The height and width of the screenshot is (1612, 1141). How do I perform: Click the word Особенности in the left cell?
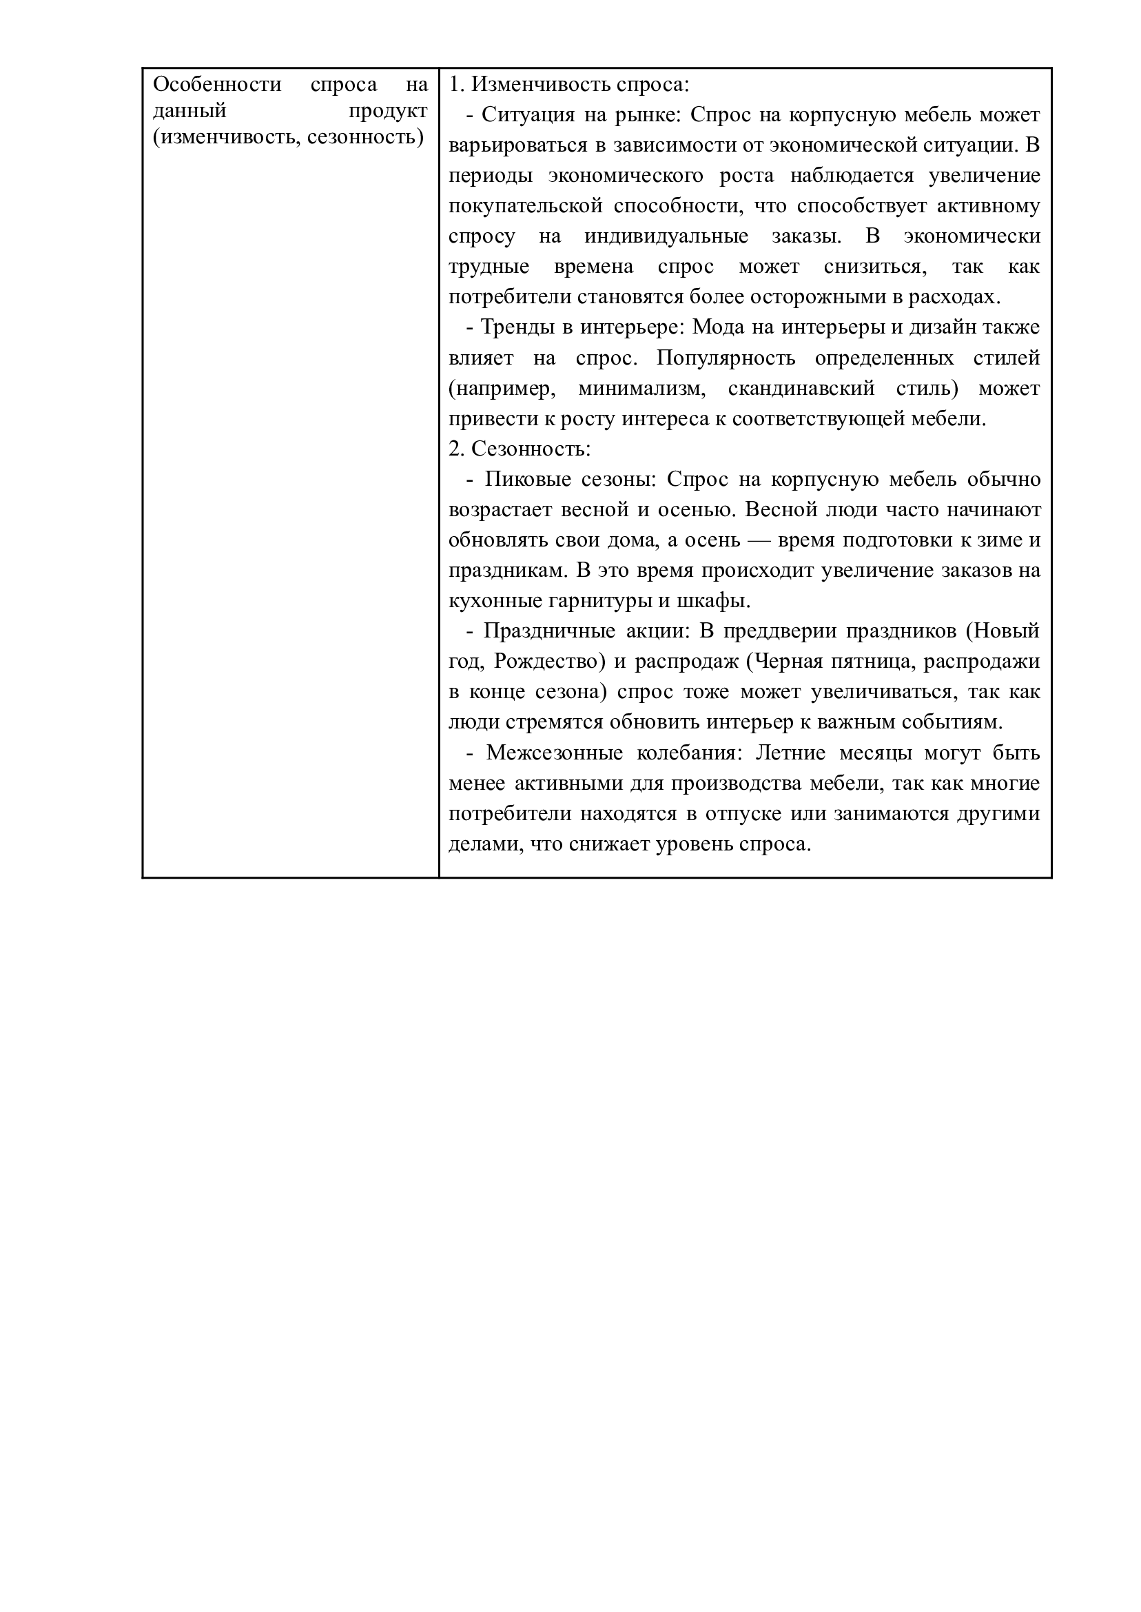[x=217, y=85]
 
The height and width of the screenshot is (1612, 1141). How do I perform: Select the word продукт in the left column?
[x=388, y=111]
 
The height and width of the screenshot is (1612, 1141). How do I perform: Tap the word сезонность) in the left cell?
[x=365, y=137]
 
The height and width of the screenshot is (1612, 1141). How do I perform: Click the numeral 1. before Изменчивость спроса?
[x=457, y=85]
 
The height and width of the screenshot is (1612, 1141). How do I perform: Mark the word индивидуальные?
[x=666, y=236]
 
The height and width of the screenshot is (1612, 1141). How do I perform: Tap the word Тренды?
[x=513, y=327]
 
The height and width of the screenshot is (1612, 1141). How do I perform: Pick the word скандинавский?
[x=801, y=389]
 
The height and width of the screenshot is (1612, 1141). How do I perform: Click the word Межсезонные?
[x=555, y=753]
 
